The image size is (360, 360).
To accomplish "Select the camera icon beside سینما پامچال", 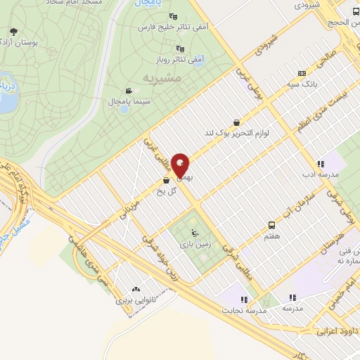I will pyautogui.click(x=129, y=91).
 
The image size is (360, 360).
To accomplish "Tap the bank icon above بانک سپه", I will pyautogui.click(x=302, y=72).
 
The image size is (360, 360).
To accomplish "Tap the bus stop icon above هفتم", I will pyautogui.click(x=271, y=225).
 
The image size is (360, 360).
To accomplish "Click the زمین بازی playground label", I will pyautogui.click(x=193, y=247).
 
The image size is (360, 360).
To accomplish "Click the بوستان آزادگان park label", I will pyautogui.click(x=15, y=44).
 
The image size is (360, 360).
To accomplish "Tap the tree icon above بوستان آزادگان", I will pyautogui.click(x=14, y=32).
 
